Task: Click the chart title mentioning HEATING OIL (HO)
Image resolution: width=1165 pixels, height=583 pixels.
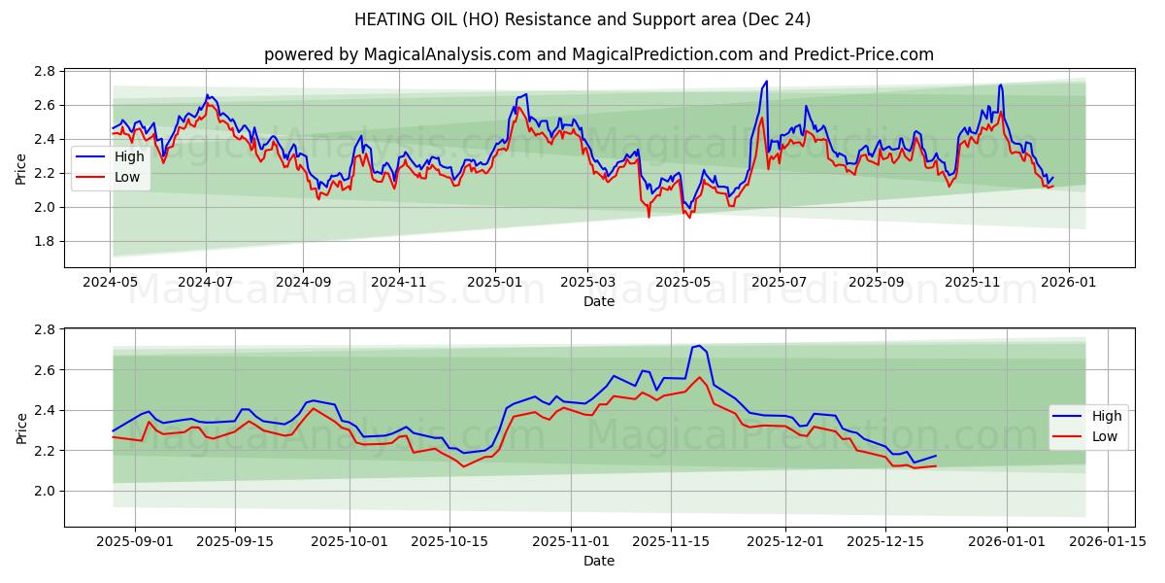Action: point(582,19)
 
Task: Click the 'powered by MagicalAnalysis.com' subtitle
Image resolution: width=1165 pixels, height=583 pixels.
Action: point(599,54)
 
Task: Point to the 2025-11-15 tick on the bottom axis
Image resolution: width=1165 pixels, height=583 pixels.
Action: point(668,541)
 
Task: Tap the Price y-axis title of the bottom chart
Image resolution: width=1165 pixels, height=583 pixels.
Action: point(21,428)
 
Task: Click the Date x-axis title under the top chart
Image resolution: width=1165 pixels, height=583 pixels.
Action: point(599,301)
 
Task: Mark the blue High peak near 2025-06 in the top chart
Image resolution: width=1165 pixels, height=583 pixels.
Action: point(766,82)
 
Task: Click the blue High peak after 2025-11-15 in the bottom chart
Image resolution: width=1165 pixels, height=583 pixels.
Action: point(698,345)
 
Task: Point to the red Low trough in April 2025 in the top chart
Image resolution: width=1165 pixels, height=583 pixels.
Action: point(649,216)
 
